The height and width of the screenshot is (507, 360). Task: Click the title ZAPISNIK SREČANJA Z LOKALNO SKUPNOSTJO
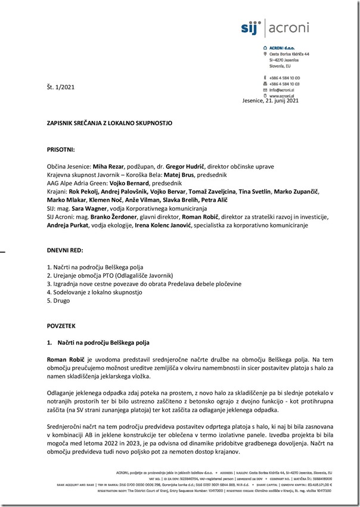coord(110,123)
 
